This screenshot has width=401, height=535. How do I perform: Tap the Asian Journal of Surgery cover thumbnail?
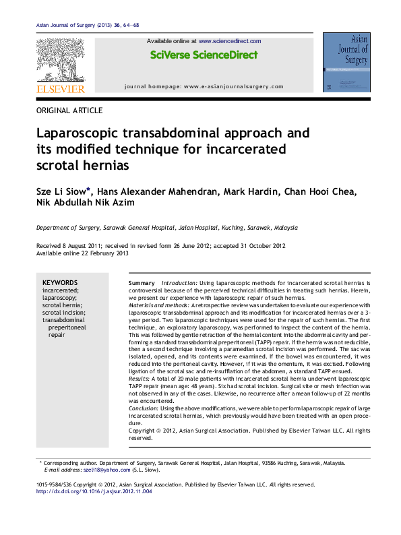click(346, 62)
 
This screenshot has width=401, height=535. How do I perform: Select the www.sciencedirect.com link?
click(229, 41)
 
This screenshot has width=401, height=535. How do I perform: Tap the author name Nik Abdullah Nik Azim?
click(86, 203)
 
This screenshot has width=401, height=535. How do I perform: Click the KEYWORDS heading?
click(60, 283)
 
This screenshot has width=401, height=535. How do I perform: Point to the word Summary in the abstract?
click(142, 283)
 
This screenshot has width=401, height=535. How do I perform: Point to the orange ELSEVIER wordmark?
click(60, 88)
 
